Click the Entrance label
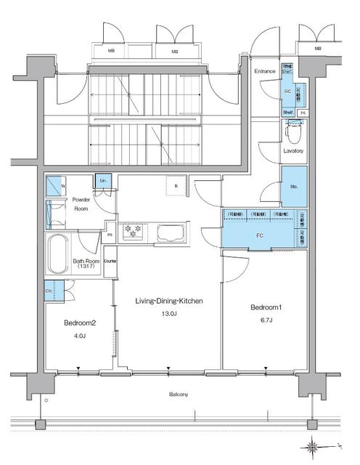tap(264, 71)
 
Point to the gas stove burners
tap(134, 230)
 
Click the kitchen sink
tap(171, 232)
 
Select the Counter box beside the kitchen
tap(110, 260)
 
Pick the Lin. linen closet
tap(102, 182)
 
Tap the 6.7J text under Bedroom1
tap(266, 320)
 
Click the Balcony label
tap(179, 395)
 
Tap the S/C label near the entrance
tap(287, 92)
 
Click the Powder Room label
tap(81, 204)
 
